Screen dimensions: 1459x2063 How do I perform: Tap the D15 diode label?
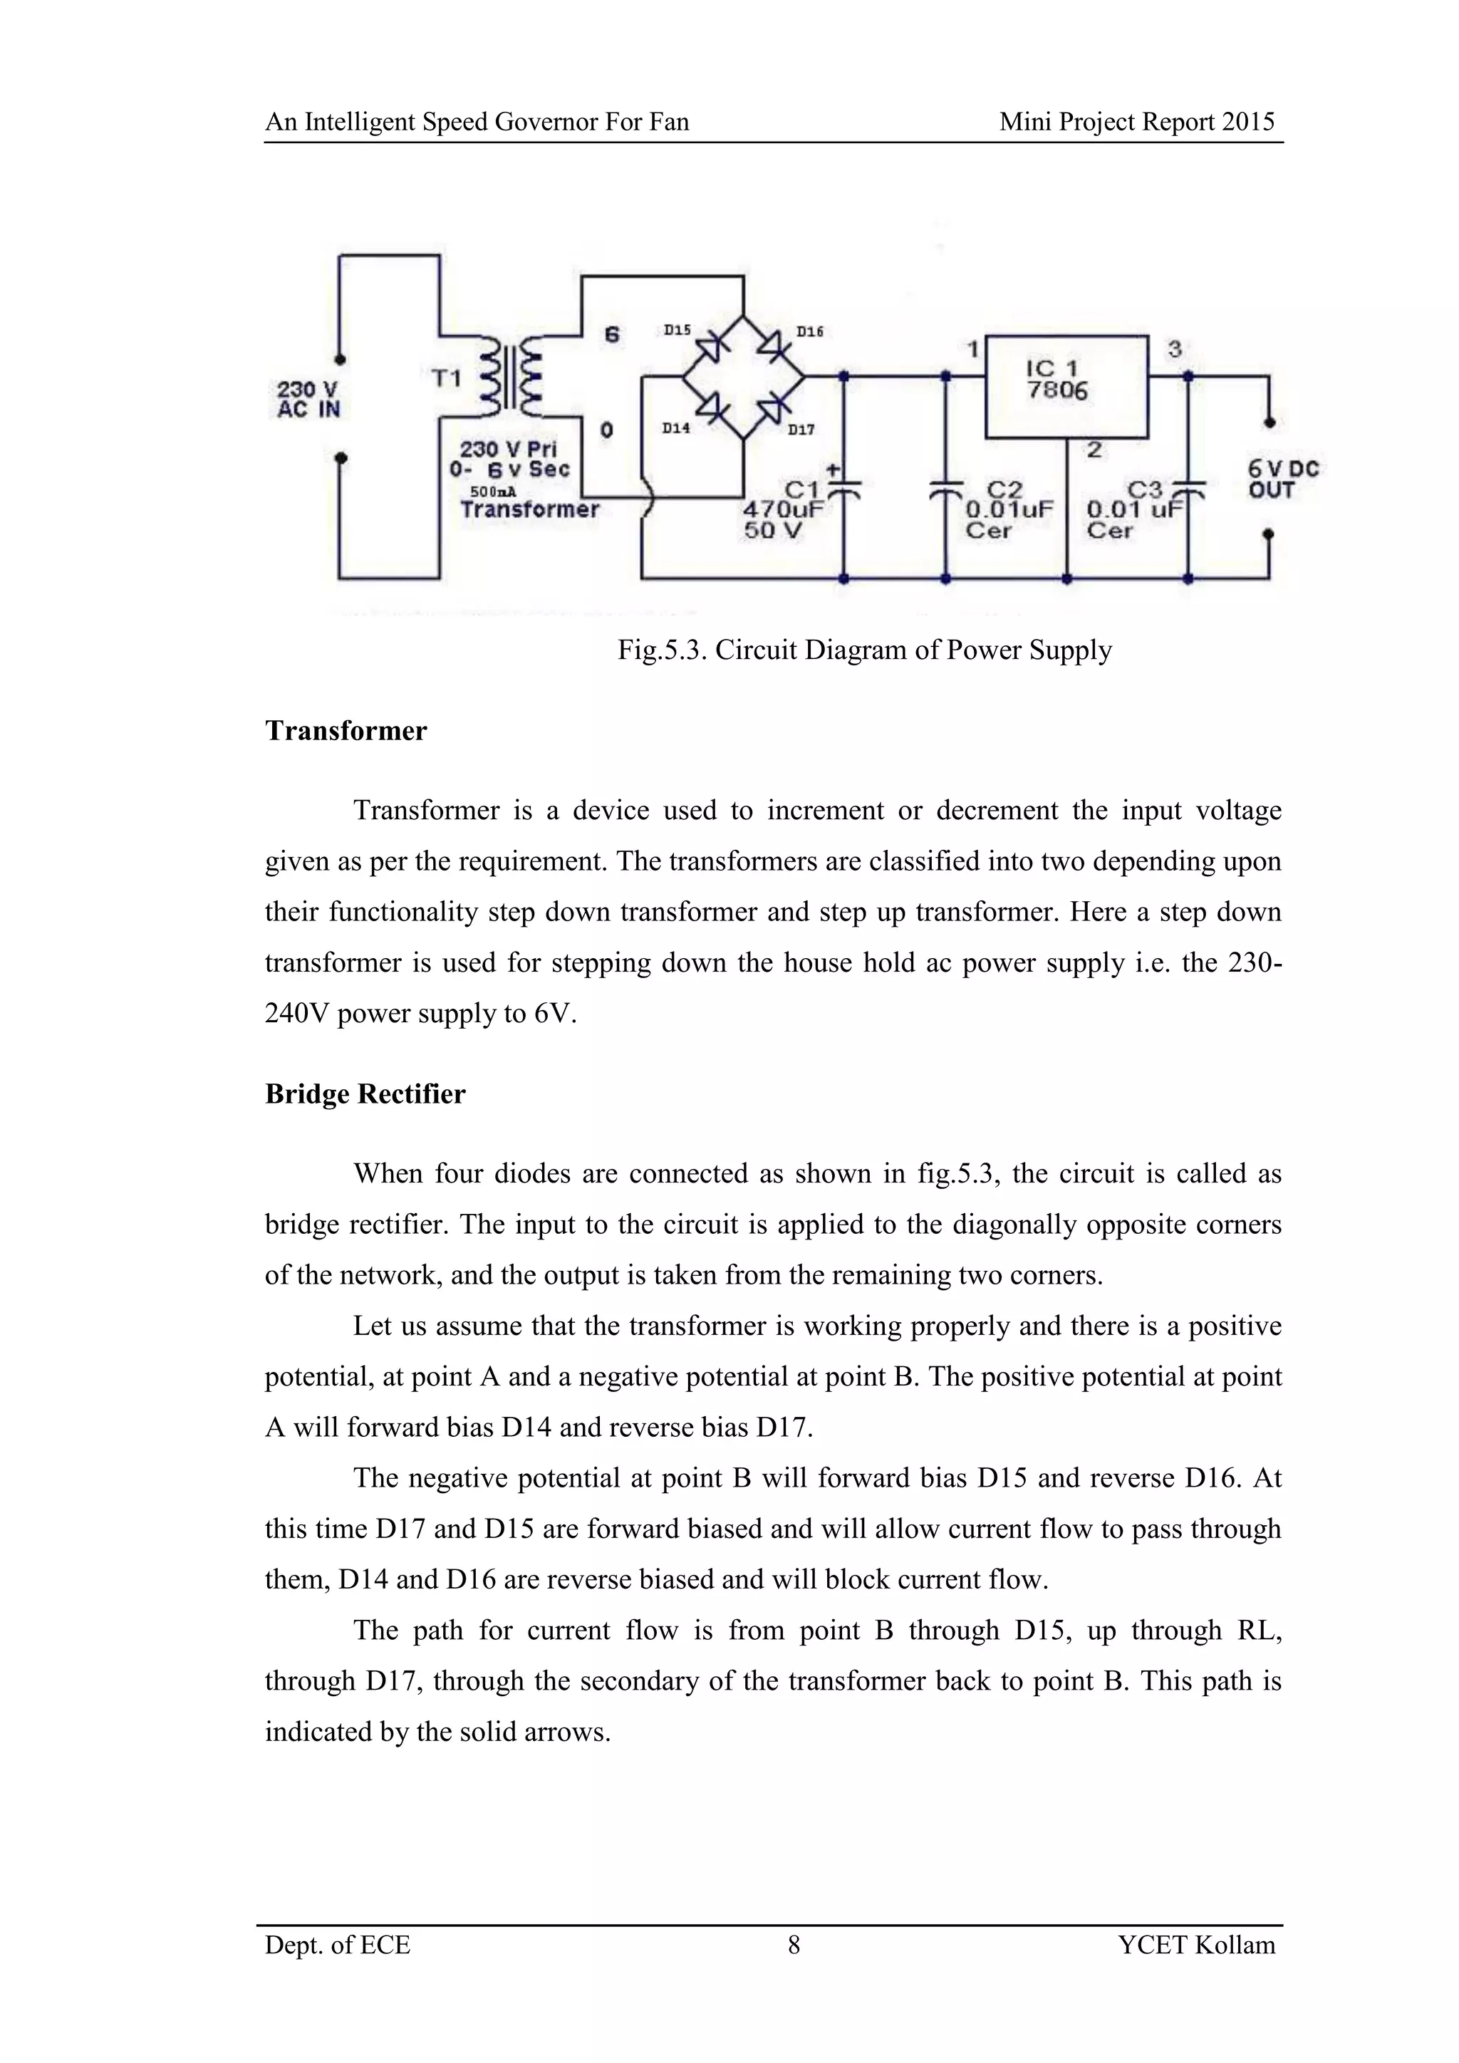[677, 330]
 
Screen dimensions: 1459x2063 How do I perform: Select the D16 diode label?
[809, 331]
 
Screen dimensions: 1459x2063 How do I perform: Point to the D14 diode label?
[677, 427]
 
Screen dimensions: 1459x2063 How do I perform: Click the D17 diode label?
[801, 430]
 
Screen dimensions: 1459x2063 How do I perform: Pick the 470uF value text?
[784, 509]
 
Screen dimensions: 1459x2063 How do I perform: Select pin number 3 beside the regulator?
[1174, 348]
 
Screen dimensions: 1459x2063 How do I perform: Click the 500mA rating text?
[493, 492]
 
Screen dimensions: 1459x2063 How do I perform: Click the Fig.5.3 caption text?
[864, 650]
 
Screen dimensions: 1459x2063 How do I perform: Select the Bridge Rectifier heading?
[365, 1094]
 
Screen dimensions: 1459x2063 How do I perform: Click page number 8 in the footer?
[794, 1945]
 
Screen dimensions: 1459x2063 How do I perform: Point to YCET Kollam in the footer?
[1197, 1945]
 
